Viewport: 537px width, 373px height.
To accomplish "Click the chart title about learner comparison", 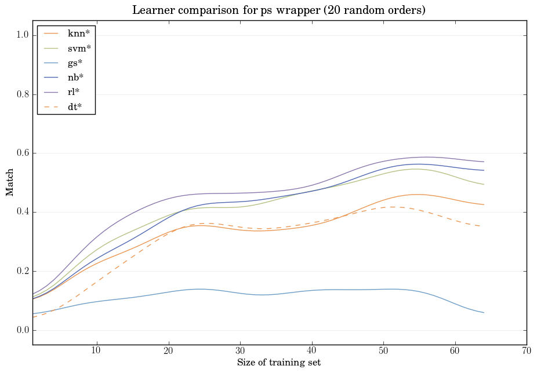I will (280, 10).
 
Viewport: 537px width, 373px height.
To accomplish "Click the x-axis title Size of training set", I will (279, 363).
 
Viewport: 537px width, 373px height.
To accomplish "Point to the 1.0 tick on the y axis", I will (22, 35).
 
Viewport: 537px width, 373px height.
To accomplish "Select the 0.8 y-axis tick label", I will (22, 94).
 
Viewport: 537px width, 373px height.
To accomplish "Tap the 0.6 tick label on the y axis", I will (22, 153).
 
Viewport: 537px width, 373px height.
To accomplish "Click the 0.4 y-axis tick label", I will (22, 213).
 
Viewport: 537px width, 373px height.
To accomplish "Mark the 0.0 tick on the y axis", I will (22, 330).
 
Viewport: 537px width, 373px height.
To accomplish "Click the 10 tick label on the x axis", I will (96, 351).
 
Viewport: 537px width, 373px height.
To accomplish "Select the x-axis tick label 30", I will (240, 351).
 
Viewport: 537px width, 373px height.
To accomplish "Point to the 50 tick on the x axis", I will (383, 351).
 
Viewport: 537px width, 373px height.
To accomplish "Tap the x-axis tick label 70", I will (527, 351).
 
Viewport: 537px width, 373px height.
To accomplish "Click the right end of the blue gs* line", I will (483, 313).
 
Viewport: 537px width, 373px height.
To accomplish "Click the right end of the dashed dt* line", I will (483, 226).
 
